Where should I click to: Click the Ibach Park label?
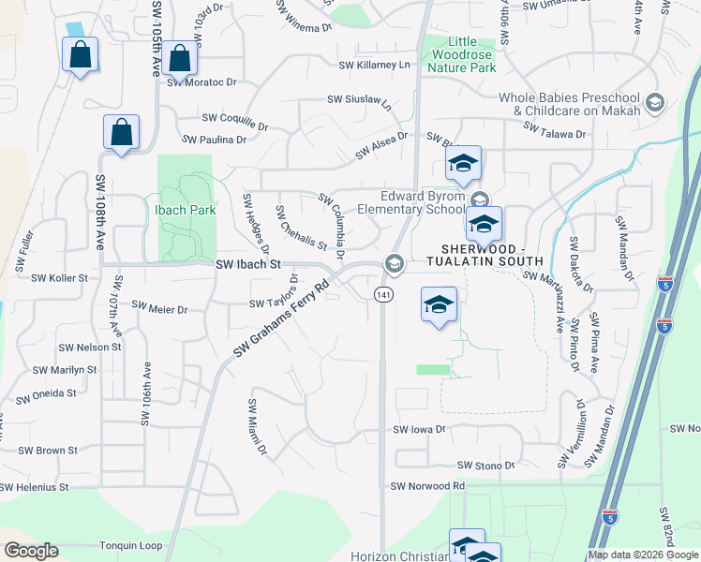coord(185,210)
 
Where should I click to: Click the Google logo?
coord(30,551)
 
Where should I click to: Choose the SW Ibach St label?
coord(248,265)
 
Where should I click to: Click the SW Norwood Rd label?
coord(428,486)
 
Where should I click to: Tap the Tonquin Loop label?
coord(130,545)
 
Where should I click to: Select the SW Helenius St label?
coord(35,487)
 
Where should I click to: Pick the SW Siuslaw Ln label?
coord(359,100)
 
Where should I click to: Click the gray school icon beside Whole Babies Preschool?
coord(655,102)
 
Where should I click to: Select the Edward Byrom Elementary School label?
coord(422,202)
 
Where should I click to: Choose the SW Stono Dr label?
coord(485,466)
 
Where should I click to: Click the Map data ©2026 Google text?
coord(643,555)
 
